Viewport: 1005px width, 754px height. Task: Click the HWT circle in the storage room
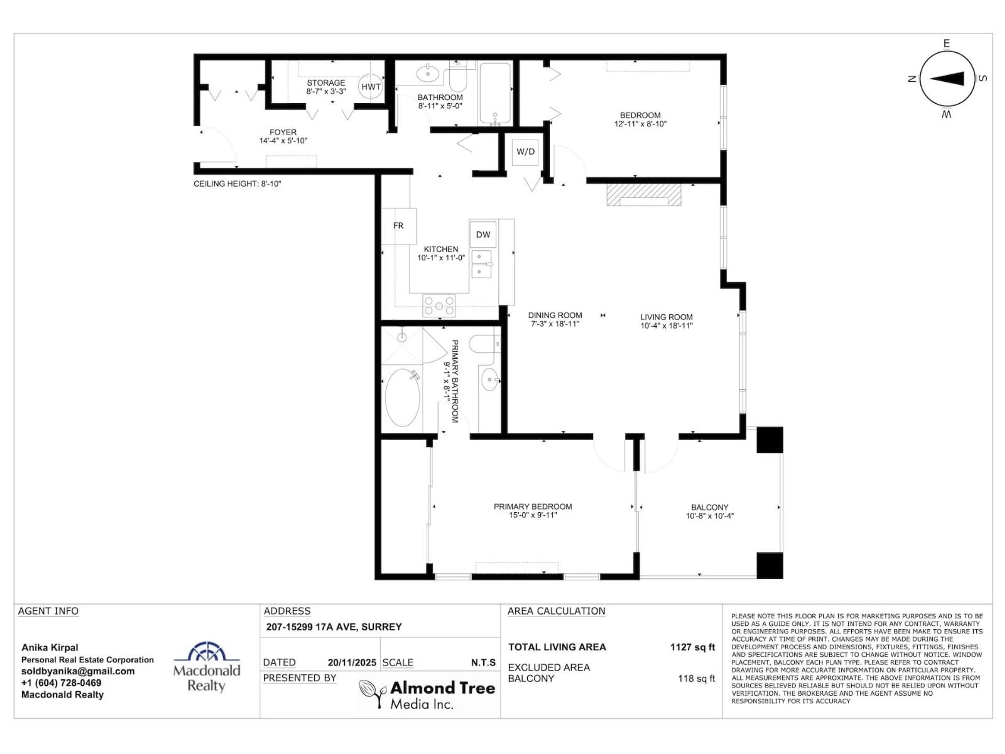point(371,86)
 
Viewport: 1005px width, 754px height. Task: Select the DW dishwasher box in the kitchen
point(483,235)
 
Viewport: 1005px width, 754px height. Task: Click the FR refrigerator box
point(398,226)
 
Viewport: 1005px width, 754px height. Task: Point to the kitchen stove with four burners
point(439,306)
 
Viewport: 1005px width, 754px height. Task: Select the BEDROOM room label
point(640,115)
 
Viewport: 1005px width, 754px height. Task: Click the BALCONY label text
point(710,507)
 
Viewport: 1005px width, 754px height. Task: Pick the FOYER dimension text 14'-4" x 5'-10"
point(283,141)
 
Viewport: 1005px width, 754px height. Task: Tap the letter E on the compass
point(946,44)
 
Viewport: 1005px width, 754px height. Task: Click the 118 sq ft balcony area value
point(696,679)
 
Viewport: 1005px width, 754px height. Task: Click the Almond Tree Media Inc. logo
point(427,694)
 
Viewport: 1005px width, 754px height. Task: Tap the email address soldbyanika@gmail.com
point(78,671)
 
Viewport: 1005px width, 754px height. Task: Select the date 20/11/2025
point(352,663)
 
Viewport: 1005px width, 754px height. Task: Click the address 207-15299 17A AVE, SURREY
point(334,627)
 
